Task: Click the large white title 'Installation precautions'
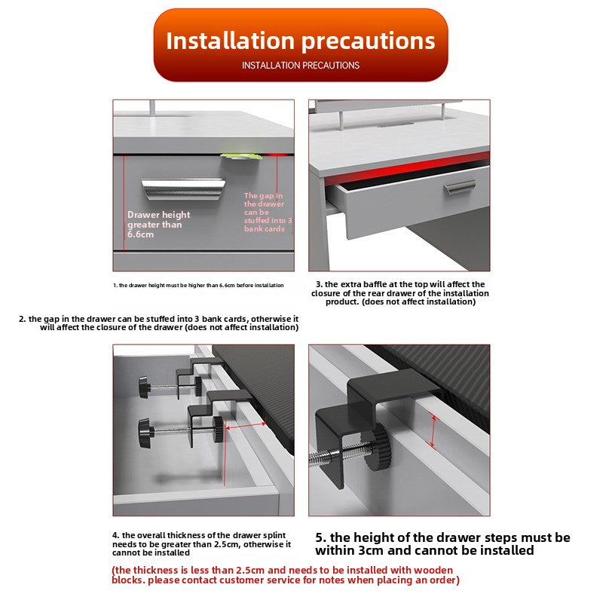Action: (x=300, y=41)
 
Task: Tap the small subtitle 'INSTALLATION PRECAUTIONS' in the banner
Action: (x=301, y=66)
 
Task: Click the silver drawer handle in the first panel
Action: (x=182, y=188)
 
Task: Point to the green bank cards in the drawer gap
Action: (x=241, y=156)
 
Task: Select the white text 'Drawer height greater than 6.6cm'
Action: (x=158, y=225)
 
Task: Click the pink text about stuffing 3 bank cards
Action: (x=268, y=212)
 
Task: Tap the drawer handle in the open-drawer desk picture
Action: (x=460, y=187)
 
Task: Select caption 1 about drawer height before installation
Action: (x=198, y=286)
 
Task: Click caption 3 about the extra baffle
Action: (x=400, y=293)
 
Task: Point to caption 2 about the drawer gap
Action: (x=158, y=323)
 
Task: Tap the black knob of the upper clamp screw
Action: (x=144, y=387)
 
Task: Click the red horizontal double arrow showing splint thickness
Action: (x=245, y=425)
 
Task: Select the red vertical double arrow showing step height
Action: (x=433, y=431)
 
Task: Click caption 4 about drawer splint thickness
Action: (x=201, y=543)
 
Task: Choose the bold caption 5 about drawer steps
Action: (x=442, y=543)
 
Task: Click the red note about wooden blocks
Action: (x=286, y=575)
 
